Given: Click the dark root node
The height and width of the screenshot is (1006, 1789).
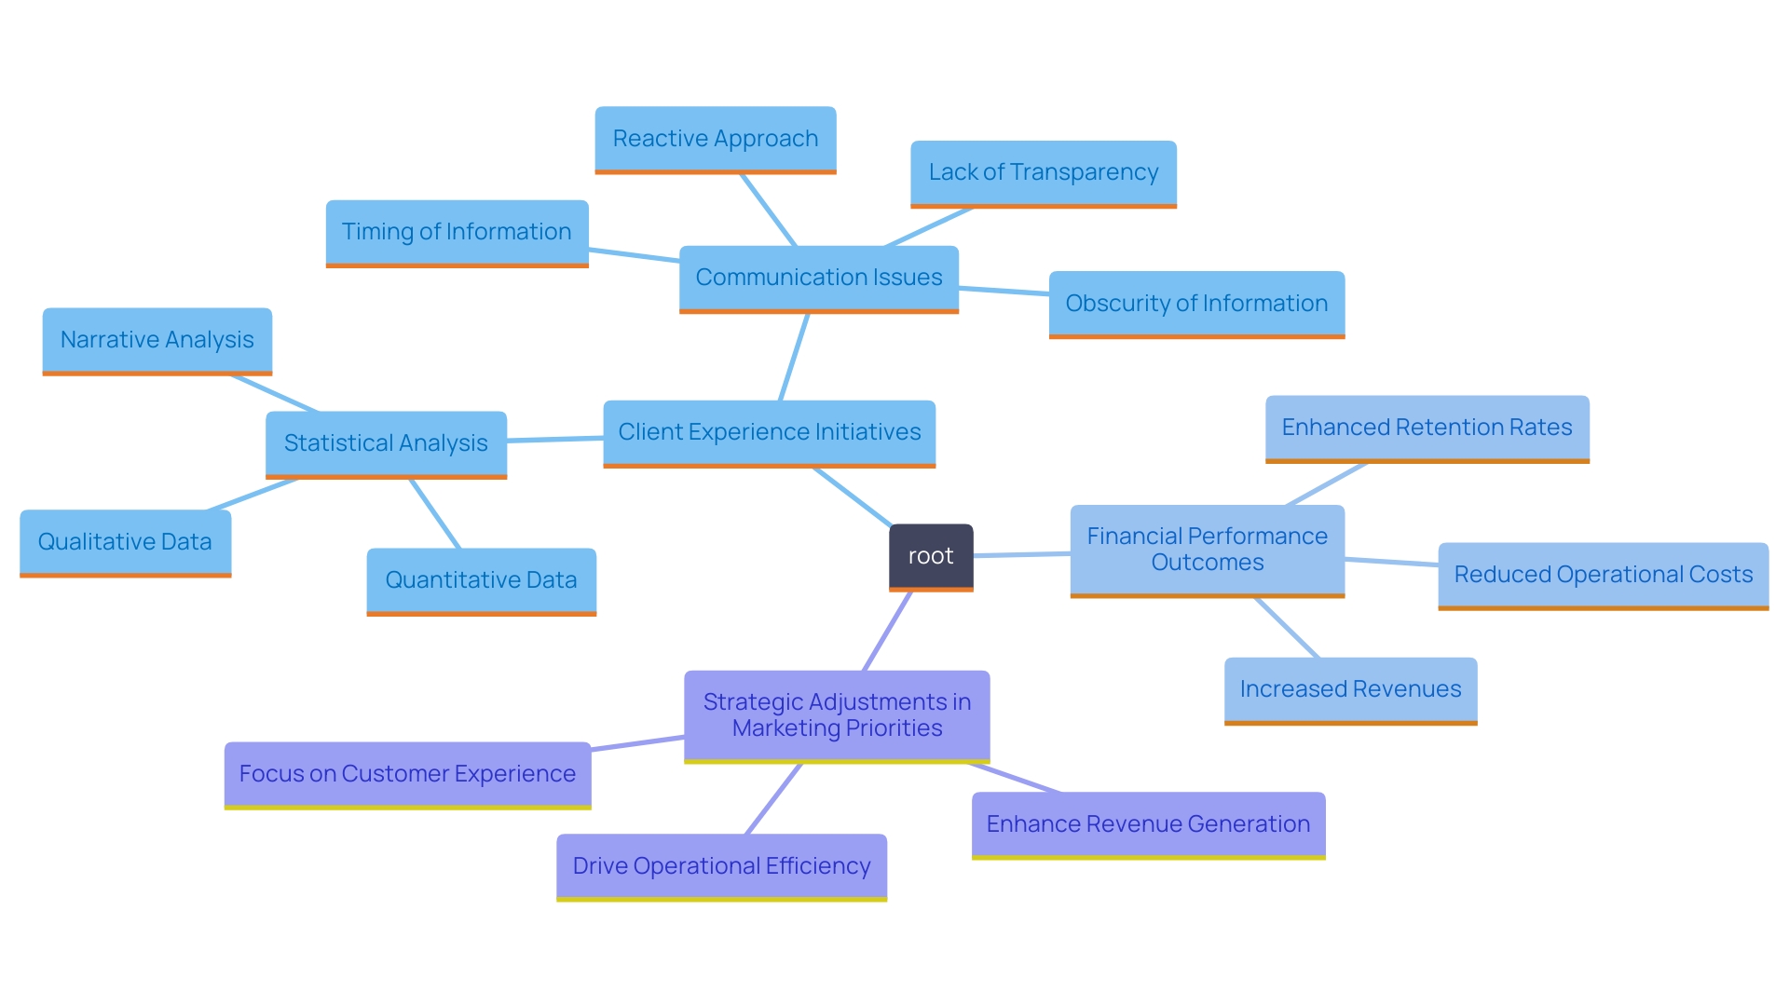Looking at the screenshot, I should [x=931, y=556].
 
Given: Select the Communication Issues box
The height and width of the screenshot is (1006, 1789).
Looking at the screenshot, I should [x=819, y=278].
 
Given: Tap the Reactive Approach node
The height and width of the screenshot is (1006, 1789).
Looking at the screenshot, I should [x=716, y=139].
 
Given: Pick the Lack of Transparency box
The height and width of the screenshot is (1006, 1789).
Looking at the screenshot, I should [x=1043, y=172].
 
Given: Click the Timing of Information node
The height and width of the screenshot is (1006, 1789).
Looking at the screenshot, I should [x=457, y=232].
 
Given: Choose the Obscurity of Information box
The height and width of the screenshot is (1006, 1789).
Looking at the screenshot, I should [x=1196, y=304].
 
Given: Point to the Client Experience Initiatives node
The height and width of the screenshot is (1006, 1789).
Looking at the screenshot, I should [x=769, y=432].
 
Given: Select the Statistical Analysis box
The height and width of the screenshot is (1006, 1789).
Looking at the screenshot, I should [x=386, y=443].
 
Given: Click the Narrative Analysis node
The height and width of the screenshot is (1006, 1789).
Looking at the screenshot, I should [x=157, y=340].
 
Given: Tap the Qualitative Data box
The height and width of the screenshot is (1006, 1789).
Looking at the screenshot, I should [x=125, y=542].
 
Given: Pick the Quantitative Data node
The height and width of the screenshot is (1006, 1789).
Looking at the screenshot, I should [x=481, y=580].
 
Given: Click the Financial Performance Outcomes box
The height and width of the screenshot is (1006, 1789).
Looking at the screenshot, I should [x=1207, y=550].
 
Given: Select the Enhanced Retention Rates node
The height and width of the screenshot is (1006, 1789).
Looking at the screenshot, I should [x=1427, y=428].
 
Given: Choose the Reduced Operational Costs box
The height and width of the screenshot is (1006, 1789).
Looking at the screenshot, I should [x=1603, y=575].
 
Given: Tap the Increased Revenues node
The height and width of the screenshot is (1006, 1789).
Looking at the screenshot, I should [x=1350, y=689].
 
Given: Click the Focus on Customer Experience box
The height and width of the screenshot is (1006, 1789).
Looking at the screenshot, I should [x=407, y=774].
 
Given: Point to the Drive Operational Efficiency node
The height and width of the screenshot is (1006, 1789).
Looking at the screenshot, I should [x=721, y=866].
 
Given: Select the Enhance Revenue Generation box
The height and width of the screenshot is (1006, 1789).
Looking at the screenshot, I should [x=1148, y=824].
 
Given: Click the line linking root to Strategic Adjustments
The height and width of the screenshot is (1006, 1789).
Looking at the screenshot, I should [x=888, y=631].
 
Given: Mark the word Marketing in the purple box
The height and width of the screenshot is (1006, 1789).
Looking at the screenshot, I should [x=785, y=728].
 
